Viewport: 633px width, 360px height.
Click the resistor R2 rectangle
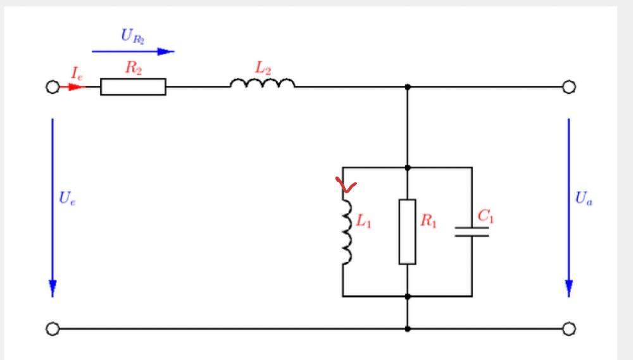[x=133, y=87]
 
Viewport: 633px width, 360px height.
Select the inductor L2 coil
[x=262, y=84]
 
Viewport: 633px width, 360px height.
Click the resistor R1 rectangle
[x=407, y=232]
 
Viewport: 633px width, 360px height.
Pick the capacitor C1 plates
[x=472, y=232]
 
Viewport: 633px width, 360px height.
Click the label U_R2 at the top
[x=134, y=36]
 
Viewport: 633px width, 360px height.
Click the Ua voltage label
[x=584, y=198]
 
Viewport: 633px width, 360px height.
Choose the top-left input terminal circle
[x=53, y=87]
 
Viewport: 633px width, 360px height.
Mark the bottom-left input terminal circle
[x=53, y=329]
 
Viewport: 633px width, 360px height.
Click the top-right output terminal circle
[x=569, y=87]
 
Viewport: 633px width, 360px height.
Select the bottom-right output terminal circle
[x=569, y=329]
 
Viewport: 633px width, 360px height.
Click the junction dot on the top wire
[x=407, y=87]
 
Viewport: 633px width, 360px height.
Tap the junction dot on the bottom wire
[x=407, y=329]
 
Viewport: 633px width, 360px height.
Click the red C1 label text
[x=486, y=216]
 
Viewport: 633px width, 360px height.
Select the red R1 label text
[x=429, y=221]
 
